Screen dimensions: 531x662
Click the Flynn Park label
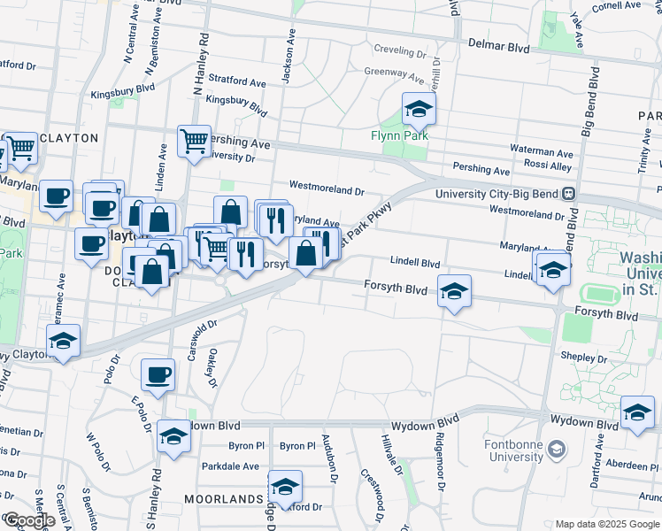(400, 135)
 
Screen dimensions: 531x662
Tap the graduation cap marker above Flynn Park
(419, 111)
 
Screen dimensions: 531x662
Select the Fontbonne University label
(514, 450)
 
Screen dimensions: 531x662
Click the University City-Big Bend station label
(499, 194)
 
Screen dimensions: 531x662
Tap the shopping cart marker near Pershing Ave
(194, 140)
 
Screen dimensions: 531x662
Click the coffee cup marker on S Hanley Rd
(158, 375)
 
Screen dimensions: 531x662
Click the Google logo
(29, 520)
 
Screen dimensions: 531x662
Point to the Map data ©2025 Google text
(607, 524)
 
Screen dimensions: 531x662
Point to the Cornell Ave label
(618, 5)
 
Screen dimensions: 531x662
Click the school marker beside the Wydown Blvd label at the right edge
(637, 413)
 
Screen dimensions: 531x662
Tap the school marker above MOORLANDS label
(285, 487)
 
